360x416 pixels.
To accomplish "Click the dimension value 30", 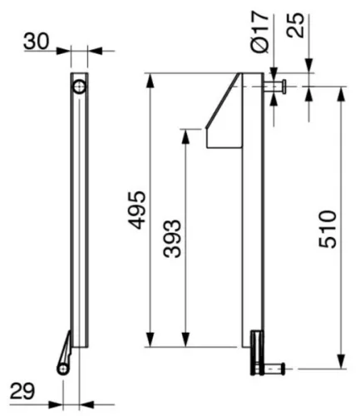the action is coord(37,42).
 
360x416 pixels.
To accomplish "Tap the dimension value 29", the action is coord(22,391).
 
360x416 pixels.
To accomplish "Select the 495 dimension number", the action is coord(137,210).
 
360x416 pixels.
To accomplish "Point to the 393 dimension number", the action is coord(172,239).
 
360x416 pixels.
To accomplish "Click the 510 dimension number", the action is coord(328,230).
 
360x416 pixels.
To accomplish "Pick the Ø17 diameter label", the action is coord(260,32).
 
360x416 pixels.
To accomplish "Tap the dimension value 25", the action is coord(295,26).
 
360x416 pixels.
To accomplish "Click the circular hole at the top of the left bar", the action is coord(80,87).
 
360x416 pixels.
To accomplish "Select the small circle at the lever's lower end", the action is coord(63,369).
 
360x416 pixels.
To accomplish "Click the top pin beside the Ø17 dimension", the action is coord(275,86).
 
